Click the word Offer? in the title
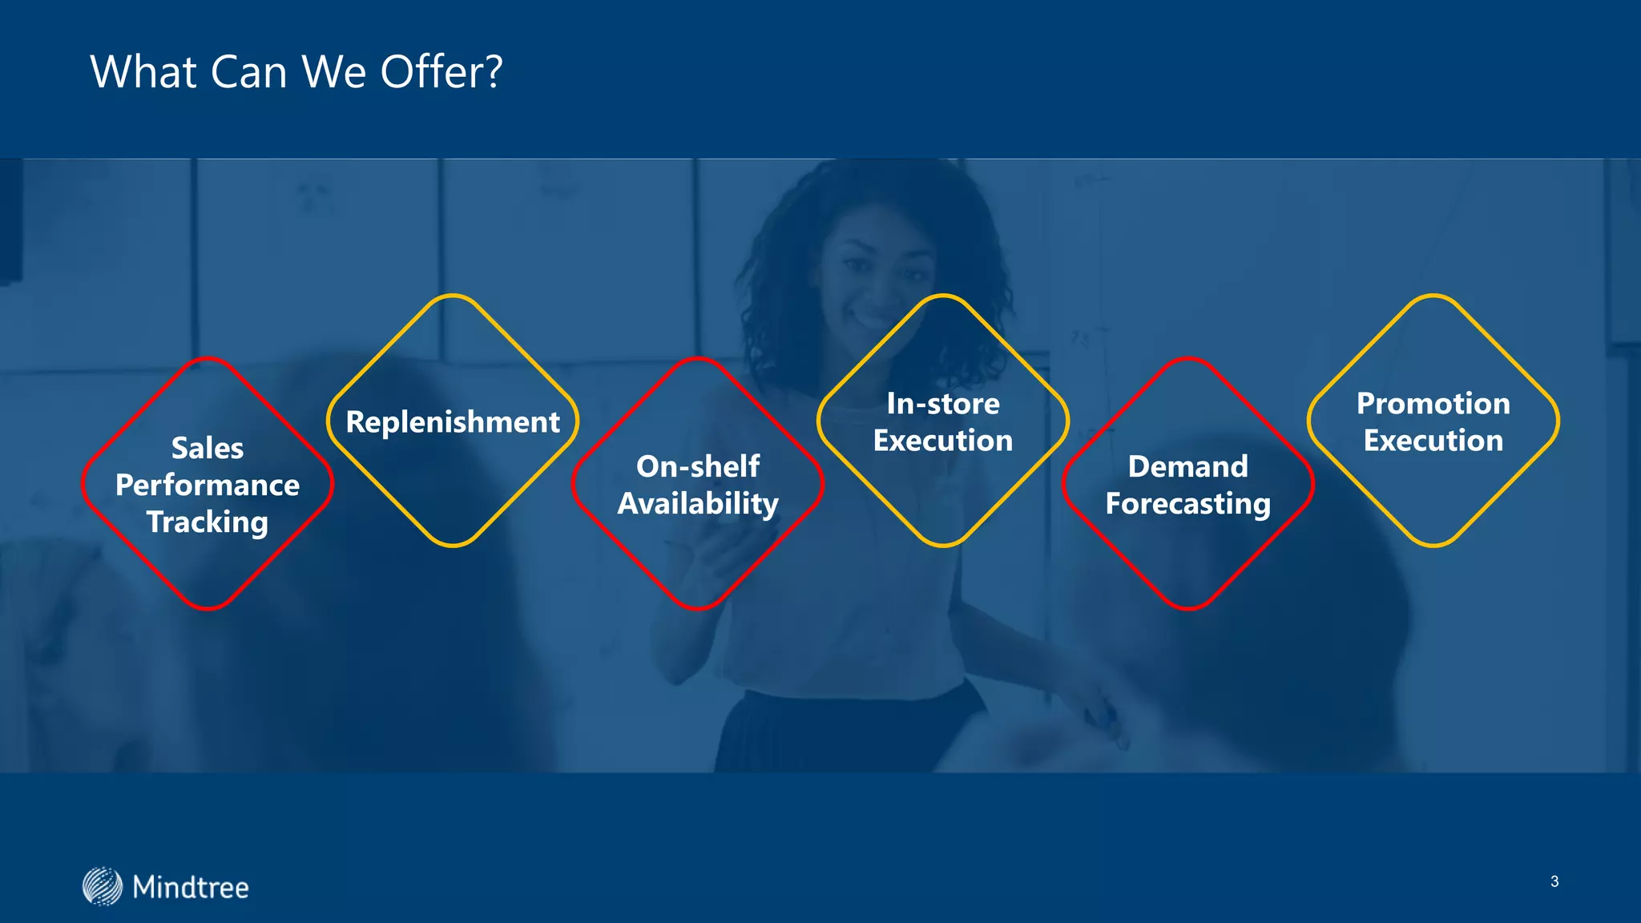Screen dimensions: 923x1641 [x=441, y=72]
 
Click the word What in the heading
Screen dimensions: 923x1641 [x=143, y=72]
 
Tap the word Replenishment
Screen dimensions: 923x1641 [x=453, y=422]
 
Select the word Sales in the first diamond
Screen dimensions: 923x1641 [x=208, y=448]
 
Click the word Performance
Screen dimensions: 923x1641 [x=208, y=486]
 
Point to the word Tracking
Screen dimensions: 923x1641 [x=208, y=522]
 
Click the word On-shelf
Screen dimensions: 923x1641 [x=698, y=466]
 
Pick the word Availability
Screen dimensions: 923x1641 [x=698, y=504]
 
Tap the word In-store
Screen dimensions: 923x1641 [x=943, y=404]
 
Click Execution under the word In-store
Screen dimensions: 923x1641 [x=943, y=441]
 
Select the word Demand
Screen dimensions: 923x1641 [x=1188, y=466]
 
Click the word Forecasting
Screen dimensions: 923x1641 [x=1188, y=504]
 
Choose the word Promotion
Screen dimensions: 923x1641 [x=1433, y=404]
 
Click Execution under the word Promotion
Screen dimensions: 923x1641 [x=1433, y=441]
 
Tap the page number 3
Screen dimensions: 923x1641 [x=1554, y=881]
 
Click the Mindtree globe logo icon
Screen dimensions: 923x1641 [x=103, y=886]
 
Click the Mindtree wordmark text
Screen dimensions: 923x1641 [x=191, y=888]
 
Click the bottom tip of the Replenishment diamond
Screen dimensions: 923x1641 [x=453, y=546]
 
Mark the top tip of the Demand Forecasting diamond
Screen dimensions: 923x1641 [x=1188, y=359]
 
